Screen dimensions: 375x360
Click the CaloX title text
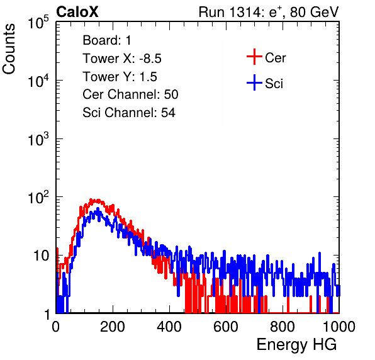77,12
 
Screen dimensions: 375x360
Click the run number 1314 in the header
245,12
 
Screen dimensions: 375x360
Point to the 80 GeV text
315,12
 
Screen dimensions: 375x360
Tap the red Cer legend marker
254,57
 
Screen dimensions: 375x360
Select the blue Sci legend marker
254,82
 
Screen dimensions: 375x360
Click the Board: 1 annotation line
107,40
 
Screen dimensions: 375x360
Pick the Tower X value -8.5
150,59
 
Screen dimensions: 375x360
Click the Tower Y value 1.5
148,77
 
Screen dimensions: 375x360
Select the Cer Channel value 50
171,94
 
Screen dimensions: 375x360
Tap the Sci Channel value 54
168,113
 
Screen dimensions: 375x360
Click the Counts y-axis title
9,49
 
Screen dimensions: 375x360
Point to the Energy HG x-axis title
296,345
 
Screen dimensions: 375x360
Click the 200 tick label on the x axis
113,327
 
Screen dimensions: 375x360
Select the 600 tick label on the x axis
226,327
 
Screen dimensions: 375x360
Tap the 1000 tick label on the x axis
339,327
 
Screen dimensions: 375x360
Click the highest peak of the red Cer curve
91,199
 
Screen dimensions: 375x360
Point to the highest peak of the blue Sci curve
98,208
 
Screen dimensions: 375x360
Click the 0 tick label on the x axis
56,327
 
